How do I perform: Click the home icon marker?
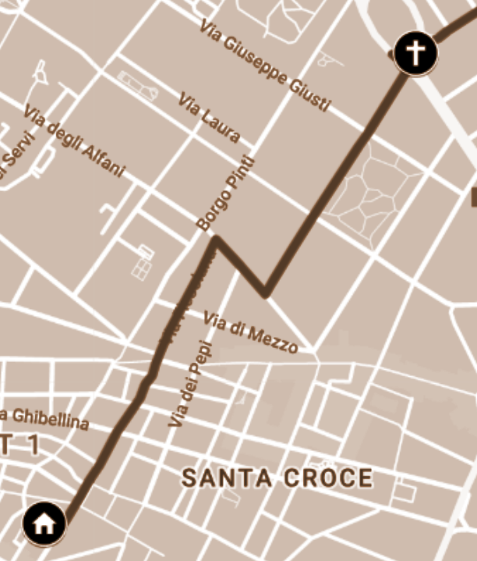(44, 524)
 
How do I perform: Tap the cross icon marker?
(415, 53)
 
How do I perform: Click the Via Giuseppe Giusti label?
(265, 66)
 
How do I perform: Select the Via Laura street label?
(209, 118)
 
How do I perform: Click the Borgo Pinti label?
(226, 194)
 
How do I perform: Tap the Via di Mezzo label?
(250, 332)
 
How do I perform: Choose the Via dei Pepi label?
(189, 383)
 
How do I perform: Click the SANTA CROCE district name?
(277, 478)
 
